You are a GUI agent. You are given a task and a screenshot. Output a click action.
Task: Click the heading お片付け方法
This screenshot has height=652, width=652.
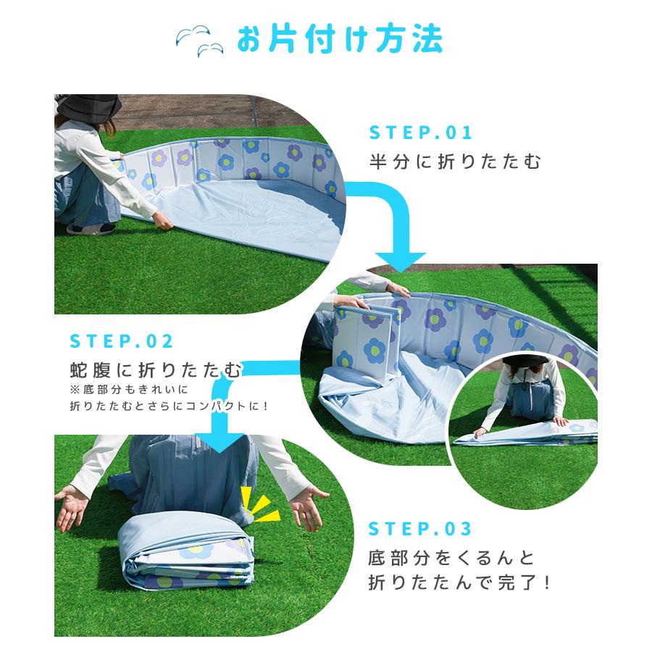point(339,40)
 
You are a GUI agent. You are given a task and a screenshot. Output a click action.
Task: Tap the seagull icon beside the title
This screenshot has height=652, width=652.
point(198,41)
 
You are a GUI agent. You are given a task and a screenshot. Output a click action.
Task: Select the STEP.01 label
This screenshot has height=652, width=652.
point(421,133)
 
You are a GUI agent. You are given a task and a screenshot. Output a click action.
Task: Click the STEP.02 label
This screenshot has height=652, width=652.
point(121,341)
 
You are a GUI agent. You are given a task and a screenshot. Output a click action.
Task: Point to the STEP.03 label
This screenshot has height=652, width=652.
point(420,529)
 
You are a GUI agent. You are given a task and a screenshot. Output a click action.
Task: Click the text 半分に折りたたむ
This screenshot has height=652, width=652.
point(456,162)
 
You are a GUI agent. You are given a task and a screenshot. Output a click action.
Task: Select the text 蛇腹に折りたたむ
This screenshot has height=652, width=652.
point(156,369)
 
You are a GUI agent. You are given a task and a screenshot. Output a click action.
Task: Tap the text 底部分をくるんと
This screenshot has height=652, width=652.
point(451,558)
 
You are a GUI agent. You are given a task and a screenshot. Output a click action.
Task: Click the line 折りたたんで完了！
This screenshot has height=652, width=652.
point(459,582)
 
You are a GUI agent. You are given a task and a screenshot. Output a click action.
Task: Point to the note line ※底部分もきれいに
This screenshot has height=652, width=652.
point(130,390)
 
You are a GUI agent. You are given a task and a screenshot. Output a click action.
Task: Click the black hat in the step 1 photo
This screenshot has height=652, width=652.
point(88,106)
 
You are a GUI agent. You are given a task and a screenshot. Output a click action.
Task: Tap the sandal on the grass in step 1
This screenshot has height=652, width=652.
point(91,228)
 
